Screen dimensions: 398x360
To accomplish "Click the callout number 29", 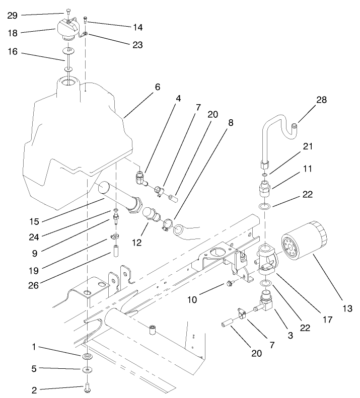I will tap(13, 16).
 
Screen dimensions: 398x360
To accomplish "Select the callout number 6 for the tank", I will tap(157, 87).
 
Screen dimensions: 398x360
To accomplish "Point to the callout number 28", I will tap(322, 100).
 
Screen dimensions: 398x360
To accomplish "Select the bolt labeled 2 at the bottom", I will tap(87, 388).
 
